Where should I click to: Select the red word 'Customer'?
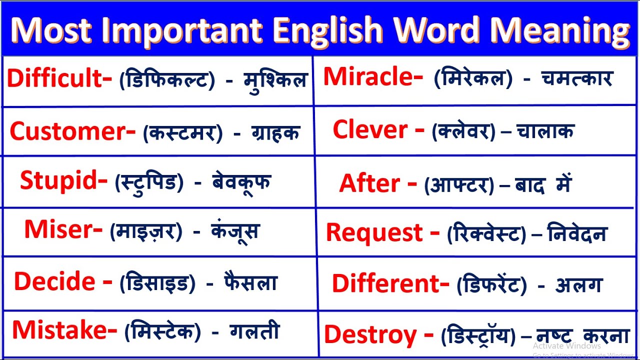click(x=69, y=131)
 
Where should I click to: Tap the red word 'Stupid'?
click(x=60, y=181)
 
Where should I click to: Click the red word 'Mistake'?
click(x=61, y=330)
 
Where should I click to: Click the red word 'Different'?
click(x=387, y=284)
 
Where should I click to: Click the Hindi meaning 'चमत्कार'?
click(x=577, y=78)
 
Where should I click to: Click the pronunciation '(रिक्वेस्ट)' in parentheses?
click(x=486, y=234)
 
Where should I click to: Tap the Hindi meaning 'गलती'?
click(x=254, y=331)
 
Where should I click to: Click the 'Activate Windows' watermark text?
click(x=566, y=346)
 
